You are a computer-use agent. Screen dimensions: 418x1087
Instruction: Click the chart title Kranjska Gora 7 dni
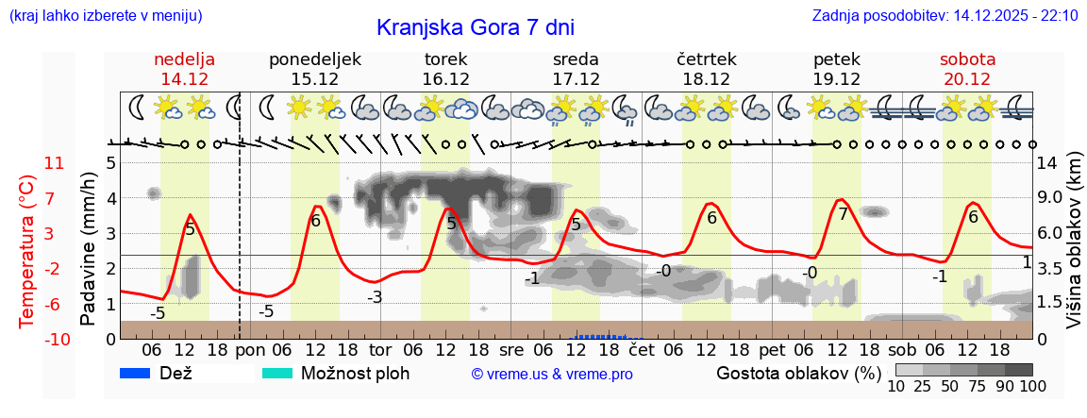click(x=475, y=27)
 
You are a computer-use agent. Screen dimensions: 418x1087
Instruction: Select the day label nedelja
click(x=185, y=59)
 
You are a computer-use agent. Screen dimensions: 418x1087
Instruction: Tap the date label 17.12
click(x=577, y=79)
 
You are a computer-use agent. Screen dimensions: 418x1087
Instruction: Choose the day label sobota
click(x=967, y=59)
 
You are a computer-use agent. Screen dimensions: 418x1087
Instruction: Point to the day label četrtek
click(x=707, y=59)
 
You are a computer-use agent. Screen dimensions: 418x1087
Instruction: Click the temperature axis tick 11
click(x=54, y=163)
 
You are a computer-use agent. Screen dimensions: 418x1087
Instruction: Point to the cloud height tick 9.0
click(x=1051, y=198)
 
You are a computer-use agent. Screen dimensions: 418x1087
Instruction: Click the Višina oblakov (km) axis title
click(x=1074, y=242)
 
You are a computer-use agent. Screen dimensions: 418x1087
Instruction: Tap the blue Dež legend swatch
click(x=141, y=373)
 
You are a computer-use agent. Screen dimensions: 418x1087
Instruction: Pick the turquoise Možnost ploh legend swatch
click(x=281, y=373)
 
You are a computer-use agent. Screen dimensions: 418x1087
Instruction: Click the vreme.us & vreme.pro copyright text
click(x=552, y=374)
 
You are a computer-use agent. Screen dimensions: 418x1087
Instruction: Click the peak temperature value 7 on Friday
click(x=843, y=214)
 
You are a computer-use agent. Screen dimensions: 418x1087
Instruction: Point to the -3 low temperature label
click(x=375, y=297)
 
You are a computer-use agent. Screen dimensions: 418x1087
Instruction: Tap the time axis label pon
click(x=249, y=350)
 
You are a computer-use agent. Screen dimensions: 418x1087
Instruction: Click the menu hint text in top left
click(x=104, y=16)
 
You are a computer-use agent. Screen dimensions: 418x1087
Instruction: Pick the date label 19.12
click(x=837, y=79)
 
